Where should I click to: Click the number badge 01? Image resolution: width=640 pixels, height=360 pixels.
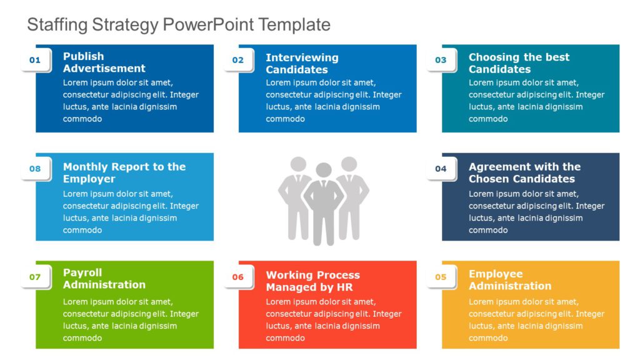pyautogui.click(x=35, y=60)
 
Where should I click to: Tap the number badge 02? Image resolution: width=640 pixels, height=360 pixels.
pyautogui.click(x=238, y=60)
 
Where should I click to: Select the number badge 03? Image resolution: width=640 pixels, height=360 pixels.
pyautogui.click(x=441, y=60)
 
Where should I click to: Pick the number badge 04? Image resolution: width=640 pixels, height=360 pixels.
pyautogui.click(x=441, y=168)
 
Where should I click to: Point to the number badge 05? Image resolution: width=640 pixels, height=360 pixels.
pyautogui.click(x=441, y=277)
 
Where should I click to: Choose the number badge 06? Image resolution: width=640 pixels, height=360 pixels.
pyautogui.click(x=238, y=277)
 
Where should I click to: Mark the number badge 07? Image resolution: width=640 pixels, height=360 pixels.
pyautogui.click(x=35, y=277)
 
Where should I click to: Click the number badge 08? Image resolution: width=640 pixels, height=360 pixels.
pyautogui.click(x=35, y=168)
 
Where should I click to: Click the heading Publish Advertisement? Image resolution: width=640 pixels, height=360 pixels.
pyautogui.click(x=104, y=62)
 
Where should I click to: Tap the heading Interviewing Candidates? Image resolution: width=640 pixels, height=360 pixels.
pyautogui.click(x=302, y=64)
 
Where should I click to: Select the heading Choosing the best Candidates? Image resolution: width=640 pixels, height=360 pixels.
pyautogui.click(x=519, y=63)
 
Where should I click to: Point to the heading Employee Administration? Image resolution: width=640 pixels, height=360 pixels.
pyautogui.click(x=510, y=280)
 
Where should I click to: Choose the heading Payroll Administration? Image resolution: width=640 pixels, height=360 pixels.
pyautogui.click(x=104, y=279)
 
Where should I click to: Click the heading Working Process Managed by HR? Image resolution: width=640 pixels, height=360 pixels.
pyautogui.click(x=312, y=281)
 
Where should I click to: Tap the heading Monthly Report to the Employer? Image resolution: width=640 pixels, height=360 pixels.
pyautogui.click(x=124, y=172)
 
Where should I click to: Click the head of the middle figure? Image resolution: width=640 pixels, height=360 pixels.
pyautogui.click(x=323, y=170)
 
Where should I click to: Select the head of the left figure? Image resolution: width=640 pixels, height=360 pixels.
pyautogui.click(x=298, y=164)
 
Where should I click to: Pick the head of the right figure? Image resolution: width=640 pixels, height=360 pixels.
pyautogui.click(x=348, y=164)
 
